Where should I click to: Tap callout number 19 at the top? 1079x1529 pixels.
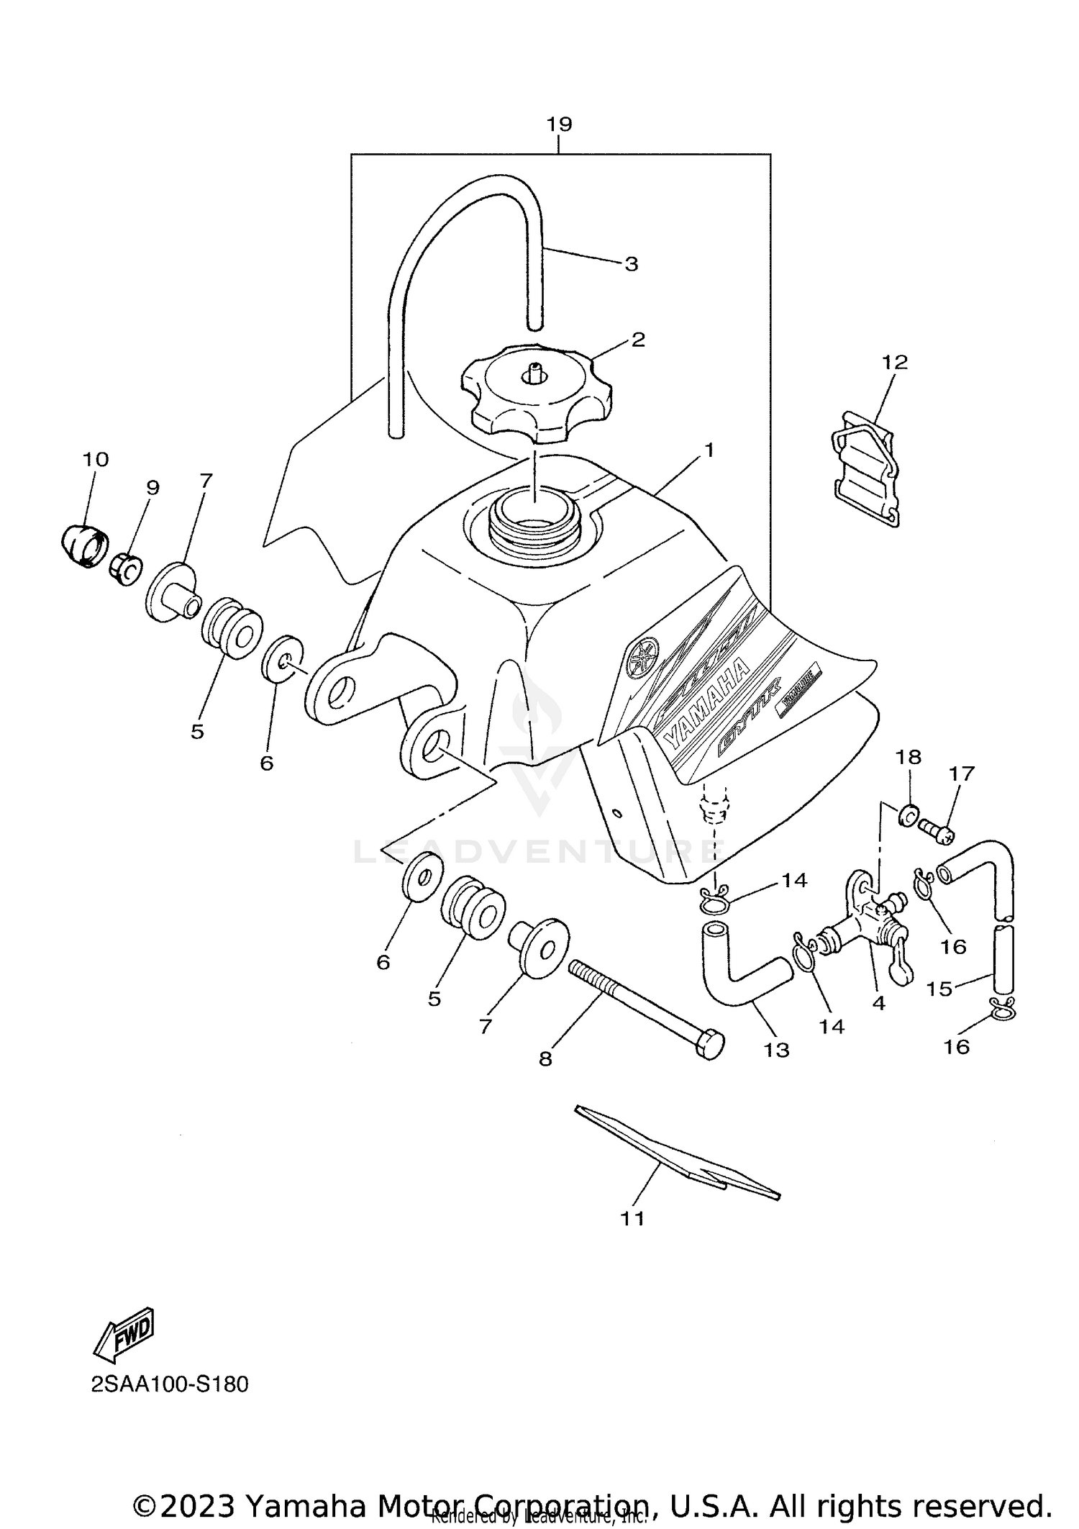click(559, 124)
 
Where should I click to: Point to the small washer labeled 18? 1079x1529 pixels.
click(908, 815)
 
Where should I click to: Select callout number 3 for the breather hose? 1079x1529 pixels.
click(631, 264)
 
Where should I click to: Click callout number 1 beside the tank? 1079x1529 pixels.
click(709, 451)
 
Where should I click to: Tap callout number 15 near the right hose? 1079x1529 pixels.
click(939, 989)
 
